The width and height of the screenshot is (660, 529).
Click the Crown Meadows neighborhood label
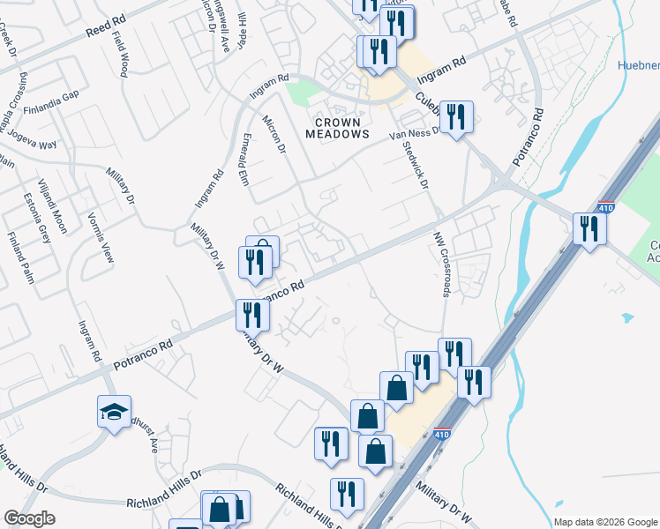click(337, 127)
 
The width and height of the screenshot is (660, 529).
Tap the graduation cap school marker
click(114, 413)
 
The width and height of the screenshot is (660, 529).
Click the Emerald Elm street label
click(245, 160)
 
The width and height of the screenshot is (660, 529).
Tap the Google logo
click(30, 518)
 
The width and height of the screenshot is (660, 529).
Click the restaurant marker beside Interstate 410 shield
click(587, 230)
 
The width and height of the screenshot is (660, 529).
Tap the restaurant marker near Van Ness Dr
click(456, 118)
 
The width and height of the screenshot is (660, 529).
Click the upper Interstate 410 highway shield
click(605, 208)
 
